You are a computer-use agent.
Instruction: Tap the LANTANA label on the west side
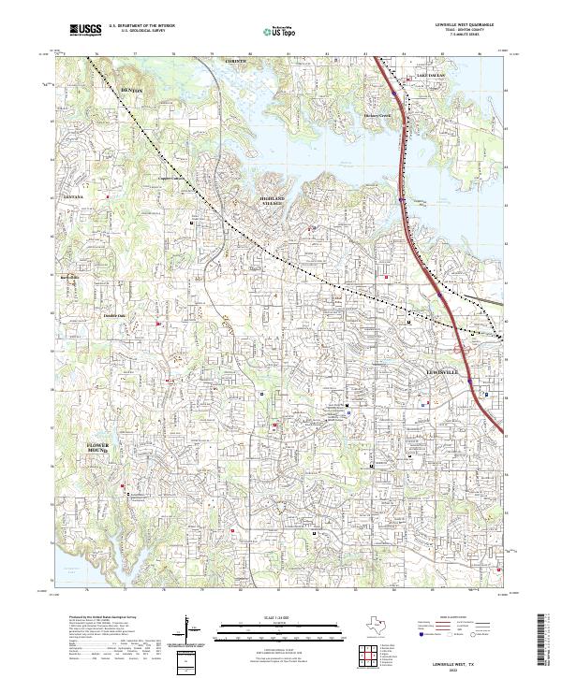pyautogui.click(x=73, y=197)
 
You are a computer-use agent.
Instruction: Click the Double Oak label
pyautogui.click(x=114, y=315)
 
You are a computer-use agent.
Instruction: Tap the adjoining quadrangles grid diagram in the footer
pyautogui.click(x=366, y=654)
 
